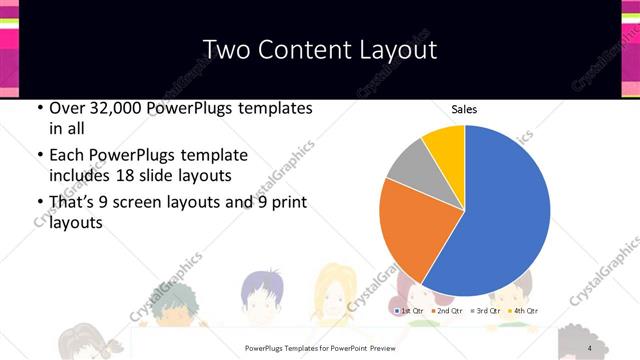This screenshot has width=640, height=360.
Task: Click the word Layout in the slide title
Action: coord(397,49)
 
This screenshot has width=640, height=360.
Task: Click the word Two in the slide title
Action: coord(228,49)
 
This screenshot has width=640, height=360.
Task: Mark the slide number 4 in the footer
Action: coord(590,348)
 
